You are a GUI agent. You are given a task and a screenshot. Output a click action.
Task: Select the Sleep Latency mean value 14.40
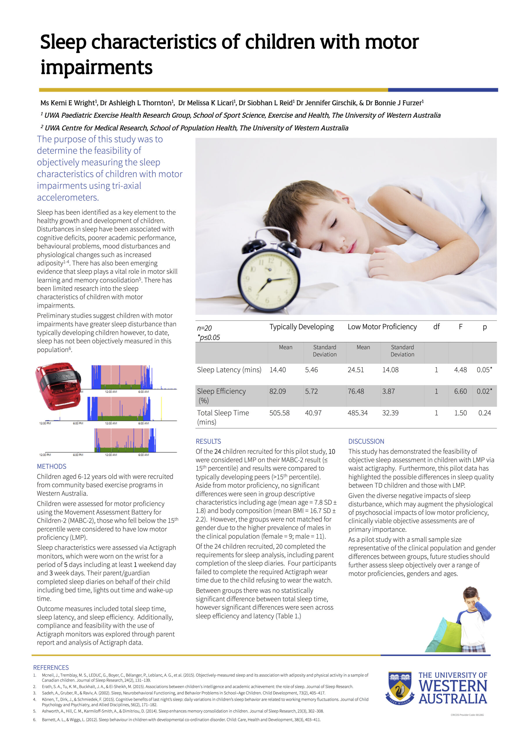point(278,370)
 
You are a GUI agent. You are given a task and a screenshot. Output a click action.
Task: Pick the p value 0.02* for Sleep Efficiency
point(484,391)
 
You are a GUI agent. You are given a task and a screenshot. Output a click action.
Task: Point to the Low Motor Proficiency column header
point(382,327)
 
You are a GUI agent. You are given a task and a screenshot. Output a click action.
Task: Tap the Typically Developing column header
point(301,327)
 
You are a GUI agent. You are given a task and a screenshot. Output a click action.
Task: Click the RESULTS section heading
point(208,441)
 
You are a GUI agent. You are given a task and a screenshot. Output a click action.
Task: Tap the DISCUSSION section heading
point(366,441)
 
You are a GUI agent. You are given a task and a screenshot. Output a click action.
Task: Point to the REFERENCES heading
point(51,668)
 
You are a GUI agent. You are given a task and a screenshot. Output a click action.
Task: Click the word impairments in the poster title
point(96,67)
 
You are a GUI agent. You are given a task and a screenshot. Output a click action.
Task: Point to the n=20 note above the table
point(204,328)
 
